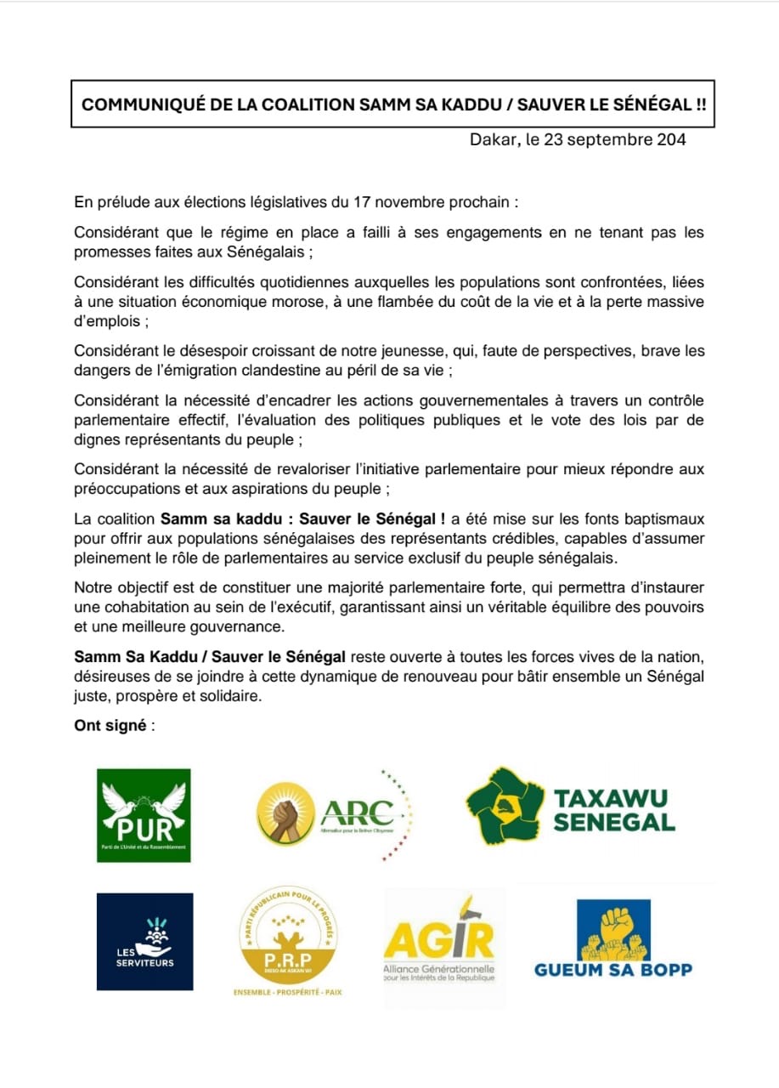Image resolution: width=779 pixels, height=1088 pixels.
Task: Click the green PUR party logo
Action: coord(144,815)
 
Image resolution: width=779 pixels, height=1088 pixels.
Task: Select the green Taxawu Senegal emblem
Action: coord(504,805)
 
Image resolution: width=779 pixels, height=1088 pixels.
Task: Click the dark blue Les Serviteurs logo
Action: coord(144,941)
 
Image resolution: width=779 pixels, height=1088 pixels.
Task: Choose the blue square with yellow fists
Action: coord(613,930)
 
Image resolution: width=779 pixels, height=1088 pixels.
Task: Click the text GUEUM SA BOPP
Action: coord(613,970)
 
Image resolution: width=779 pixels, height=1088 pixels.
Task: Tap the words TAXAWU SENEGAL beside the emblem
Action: coord(613,810)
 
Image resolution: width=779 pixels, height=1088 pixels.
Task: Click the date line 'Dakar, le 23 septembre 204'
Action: coord(578,139)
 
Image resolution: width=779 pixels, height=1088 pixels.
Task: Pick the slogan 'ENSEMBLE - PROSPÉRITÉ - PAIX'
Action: coord(287,992)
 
